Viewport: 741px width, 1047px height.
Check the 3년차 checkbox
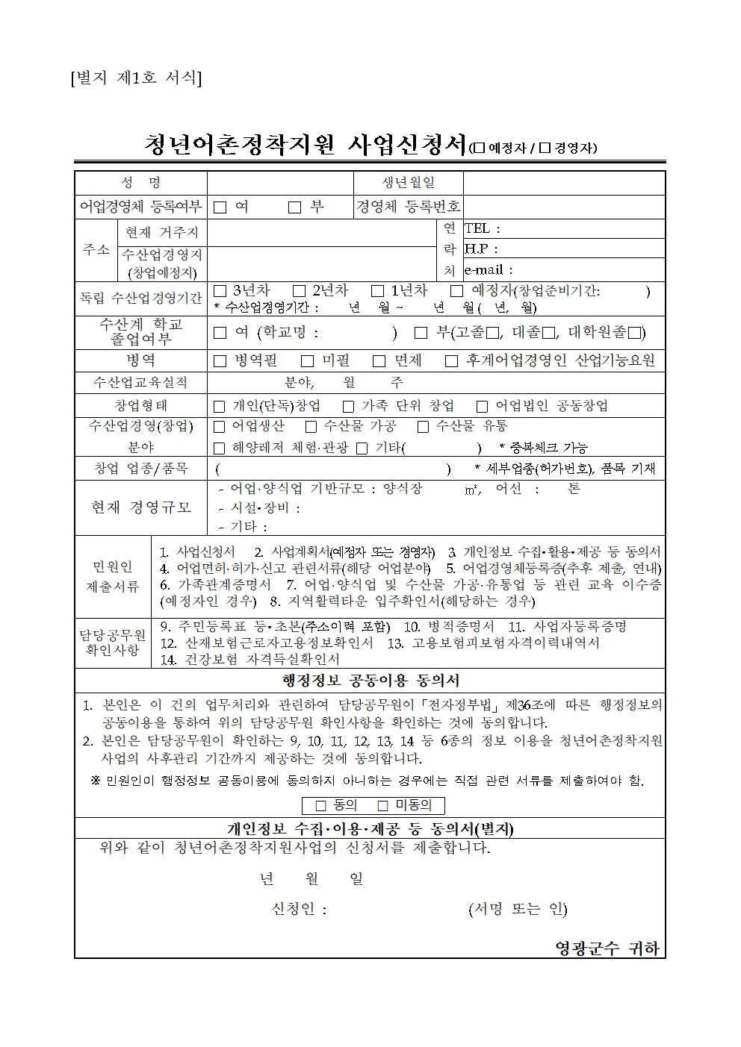pos(220,291)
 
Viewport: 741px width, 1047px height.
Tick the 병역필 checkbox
pos(220,361)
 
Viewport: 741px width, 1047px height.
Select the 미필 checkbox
pos(307,361)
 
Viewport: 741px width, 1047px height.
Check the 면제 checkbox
pos(379,361)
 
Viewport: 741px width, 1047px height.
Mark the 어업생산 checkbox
pos(219,427)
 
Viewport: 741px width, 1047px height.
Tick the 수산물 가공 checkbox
pos(311,427)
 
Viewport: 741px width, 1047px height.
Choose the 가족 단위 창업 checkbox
pos(348,407)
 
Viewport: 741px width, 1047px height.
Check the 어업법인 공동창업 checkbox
pos(482,407)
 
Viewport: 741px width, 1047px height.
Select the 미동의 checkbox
pos(383,806)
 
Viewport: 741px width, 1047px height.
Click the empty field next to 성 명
pos(280,183)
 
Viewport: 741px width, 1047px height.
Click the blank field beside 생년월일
pos(564,183)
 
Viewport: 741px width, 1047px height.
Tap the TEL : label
pos(483,229)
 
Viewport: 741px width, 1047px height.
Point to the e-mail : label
pos(489,270)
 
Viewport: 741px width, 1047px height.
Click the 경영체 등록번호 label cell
pos(408,207)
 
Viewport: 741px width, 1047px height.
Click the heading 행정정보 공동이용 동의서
pos(370,681)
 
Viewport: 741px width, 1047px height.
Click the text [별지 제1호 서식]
pos(135,78)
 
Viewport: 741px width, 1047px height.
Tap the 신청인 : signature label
pos(299,909)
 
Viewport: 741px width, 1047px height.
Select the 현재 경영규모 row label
pos(141,507)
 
